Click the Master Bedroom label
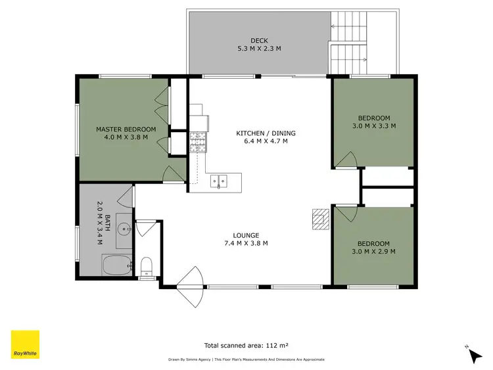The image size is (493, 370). click(x=126, y=129)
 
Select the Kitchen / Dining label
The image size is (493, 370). click(x=262, y=133)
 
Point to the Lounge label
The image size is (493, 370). click(x=246, y=235)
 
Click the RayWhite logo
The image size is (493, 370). click(x=25, y=344)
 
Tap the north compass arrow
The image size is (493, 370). click(x=475, y=356)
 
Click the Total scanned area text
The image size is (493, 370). click(x=247, y=344)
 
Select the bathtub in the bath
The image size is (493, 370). click(x=117, y=266)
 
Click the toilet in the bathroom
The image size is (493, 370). click(x=147, y=266)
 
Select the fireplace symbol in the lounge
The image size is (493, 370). click(x=320, y=219)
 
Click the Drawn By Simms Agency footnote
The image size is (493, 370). click(x=246, y=359)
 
